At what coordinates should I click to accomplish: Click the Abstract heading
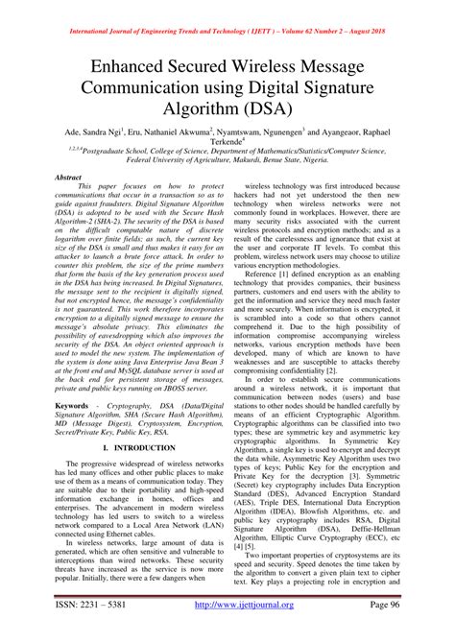click(x=68, y=179)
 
